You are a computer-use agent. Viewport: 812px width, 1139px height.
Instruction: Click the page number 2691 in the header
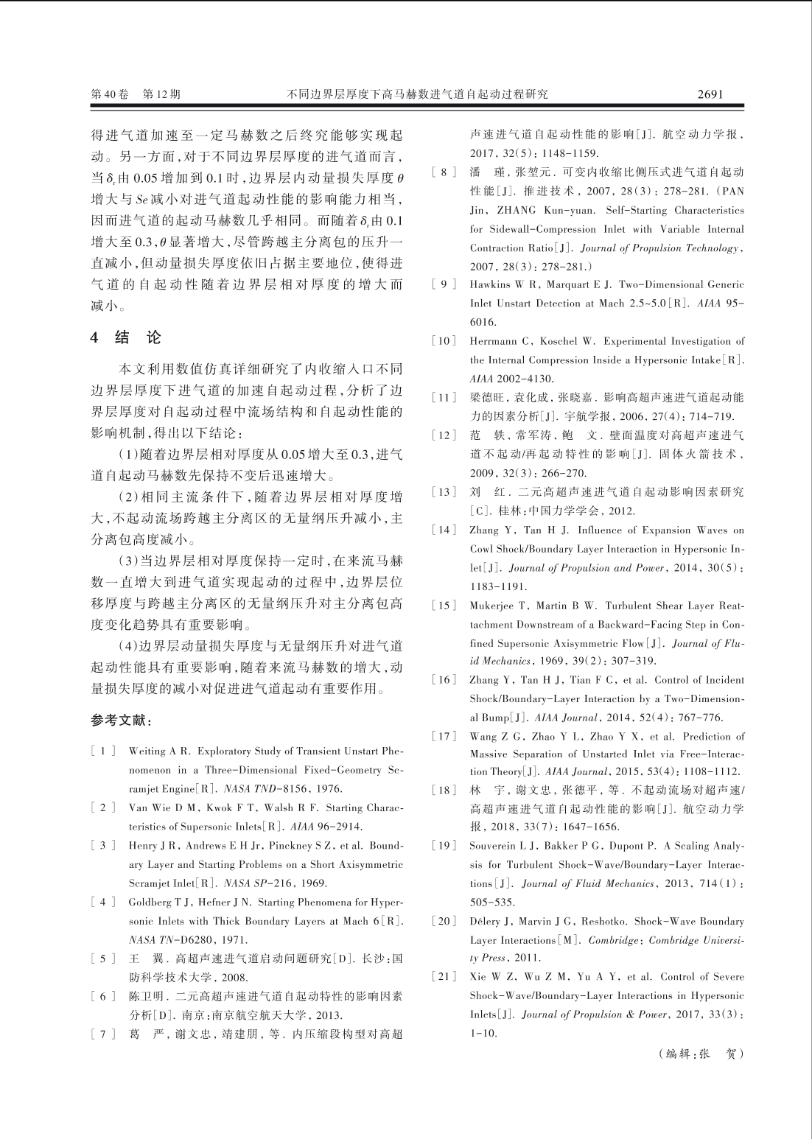point(710,94)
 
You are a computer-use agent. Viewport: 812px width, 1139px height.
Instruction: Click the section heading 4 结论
point(125,338)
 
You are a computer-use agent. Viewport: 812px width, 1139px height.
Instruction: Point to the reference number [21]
point(444,977)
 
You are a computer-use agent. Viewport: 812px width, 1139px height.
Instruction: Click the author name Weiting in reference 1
point(146,751)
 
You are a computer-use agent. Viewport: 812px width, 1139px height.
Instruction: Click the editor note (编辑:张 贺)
point(701,1054)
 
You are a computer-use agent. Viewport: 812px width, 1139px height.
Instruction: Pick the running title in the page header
point(417,94)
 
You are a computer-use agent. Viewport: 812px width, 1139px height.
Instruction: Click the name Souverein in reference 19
point(496,846)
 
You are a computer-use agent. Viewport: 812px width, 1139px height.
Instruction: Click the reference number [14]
point(444,530)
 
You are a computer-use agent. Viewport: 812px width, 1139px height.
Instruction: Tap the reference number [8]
point(444,172)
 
